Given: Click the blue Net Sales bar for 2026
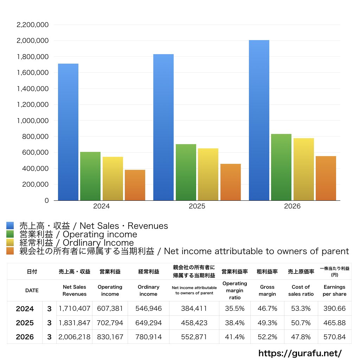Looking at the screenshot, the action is click(x=259, y=120).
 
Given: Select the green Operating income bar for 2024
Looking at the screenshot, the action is click(x=90, y=176).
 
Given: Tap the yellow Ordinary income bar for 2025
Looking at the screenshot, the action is click(x=208, y=174).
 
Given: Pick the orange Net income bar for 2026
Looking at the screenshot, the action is click(x=326, y=178).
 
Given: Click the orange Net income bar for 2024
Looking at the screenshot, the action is click(x=135, y=185).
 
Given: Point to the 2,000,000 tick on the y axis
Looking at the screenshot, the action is click(x=33, y=41).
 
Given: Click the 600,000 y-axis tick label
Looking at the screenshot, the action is click(x=36, y=153).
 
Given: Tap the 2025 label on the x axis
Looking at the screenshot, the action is click(x=197, y=206).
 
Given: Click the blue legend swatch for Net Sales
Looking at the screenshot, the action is click(x=10, y=225).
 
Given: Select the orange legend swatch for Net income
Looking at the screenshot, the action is click(x=10, y=251).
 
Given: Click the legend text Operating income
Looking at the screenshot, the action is click(x=100, y=234).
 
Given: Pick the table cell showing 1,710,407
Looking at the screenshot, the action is click(x=75, y=308).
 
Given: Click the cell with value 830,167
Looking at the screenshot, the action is click(x=110, y=337).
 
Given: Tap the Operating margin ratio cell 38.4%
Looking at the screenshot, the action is click(x=234, y=323).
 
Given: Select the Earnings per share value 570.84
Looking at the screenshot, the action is click(x=335, y=337).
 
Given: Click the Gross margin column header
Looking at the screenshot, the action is click(x=267, y=290).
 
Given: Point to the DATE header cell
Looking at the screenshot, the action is click(x=32, y=290).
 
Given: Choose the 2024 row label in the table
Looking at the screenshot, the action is click(x=25, y=309).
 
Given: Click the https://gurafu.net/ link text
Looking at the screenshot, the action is click(x=300, y=353).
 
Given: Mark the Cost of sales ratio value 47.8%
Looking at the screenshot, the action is click(x=301, y=337).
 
